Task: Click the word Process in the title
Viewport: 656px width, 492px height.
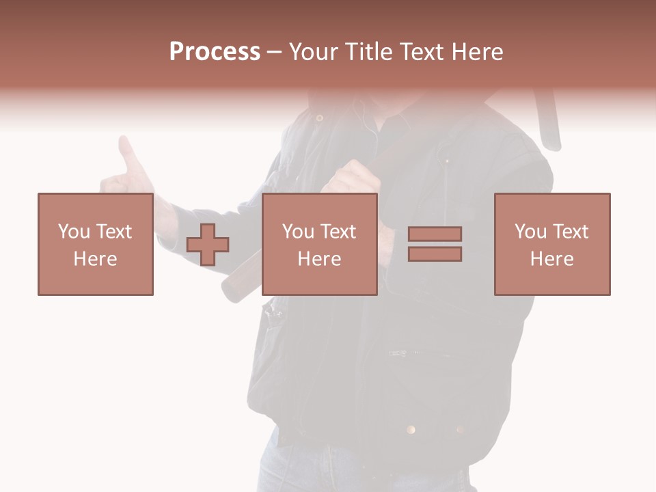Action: tap(215, 52)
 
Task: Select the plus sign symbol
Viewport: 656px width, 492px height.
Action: tap(208, 245)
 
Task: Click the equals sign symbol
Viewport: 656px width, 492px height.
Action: tap(435, 244)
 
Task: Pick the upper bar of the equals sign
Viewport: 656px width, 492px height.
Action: tap(435, 234)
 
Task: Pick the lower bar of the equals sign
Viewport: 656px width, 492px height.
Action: tap(435, 254)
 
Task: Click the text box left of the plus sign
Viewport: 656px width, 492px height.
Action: tap(96, 244)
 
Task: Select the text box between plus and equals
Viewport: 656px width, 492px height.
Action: tap(320, 244)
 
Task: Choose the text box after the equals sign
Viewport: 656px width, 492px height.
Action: tap(552, 244)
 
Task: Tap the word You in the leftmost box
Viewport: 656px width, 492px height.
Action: tap(73, 232)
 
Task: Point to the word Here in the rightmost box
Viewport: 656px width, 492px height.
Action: tap(552, 259)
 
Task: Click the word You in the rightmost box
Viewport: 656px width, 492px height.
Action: tap(530, 232)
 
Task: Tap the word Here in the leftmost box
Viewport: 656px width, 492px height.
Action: tap(96, 259)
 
